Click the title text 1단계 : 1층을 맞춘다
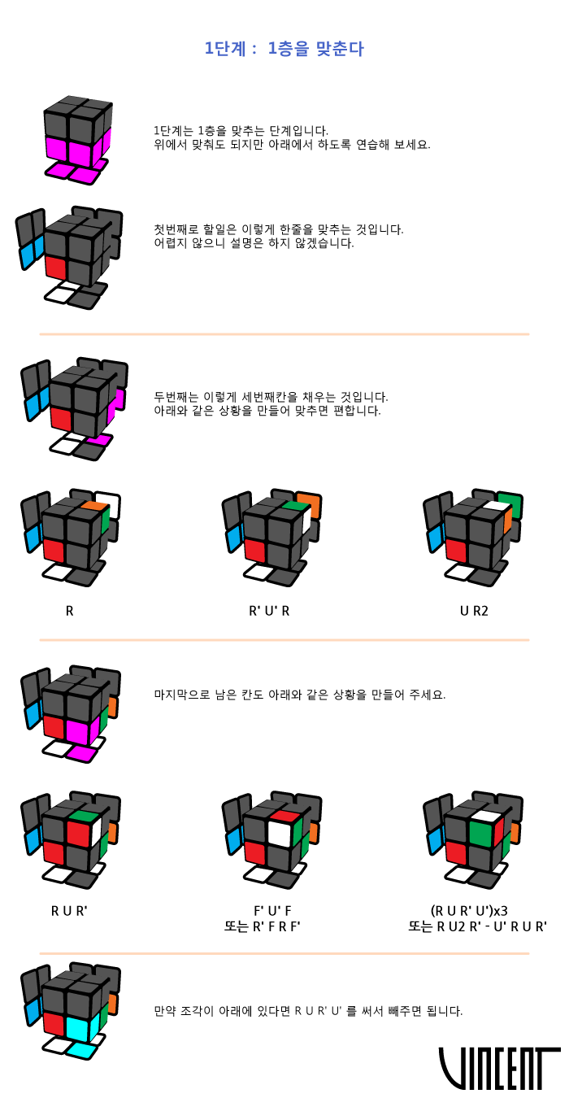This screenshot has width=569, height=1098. (x=284, y=49)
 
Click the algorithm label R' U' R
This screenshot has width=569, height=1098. (x=269, y=610)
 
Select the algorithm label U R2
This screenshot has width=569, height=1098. (x=474, y=610)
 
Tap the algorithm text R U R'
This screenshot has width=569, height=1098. (x=68, y=911)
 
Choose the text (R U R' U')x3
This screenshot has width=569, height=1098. (x=469, y=911)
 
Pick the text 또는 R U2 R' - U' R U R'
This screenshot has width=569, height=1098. (x=477, y=926)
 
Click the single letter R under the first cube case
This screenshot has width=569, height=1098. (x=70, y=610)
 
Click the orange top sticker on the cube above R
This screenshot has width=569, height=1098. (x=94, y=506)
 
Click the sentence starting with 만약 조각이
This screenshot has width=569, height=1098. (x=308, y=1011)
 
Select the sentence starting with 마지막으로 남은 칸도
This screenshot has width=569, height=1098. (x=299, y=695)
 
